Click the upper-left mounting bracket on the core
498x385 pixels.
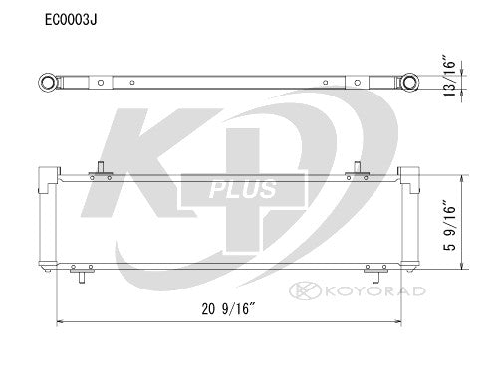tap(100, 174)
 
